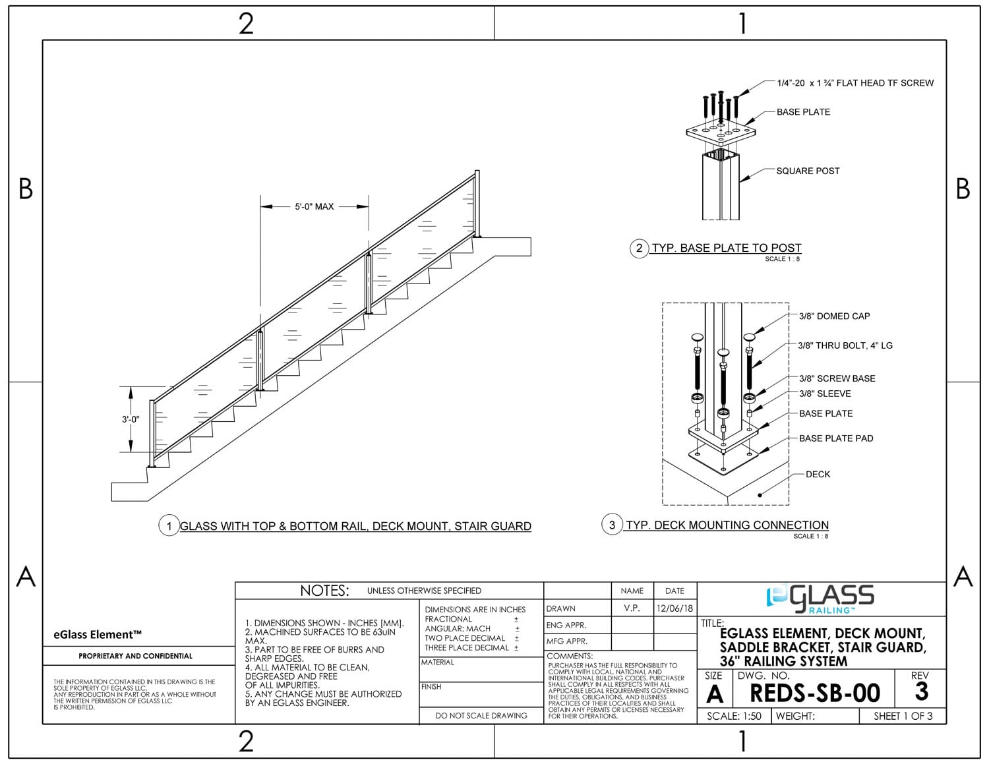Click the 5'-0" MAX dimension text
coord(314,206)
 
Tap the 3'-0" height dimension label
coord(131,419)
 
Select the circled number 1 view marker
coord(169,525)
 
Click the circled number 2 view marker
coord(639,248)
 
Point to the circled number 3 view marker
coord(612,525)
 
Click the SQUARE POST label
coord(808,171)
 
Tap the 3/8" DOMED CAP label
coord(834,316)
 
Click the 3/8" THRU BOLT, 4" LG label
coord(845,345)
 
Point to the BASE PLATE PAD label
coord(836,438)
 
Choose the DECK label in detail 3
coord(818,474)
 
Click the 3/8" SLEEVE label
coord(825,394)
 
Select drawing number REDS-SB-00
coord(815,693)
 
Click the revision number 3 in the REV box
coord(921,691)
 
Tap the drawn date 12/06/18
coord(674,608)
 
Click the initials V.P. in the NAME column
coord(632,608)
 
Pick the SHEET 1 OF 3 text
coord(903,717)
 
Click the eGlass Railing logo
coord(820,599)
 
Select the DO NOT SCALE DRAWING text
coord(481,716)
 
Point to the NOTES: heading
coord(324,591)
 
